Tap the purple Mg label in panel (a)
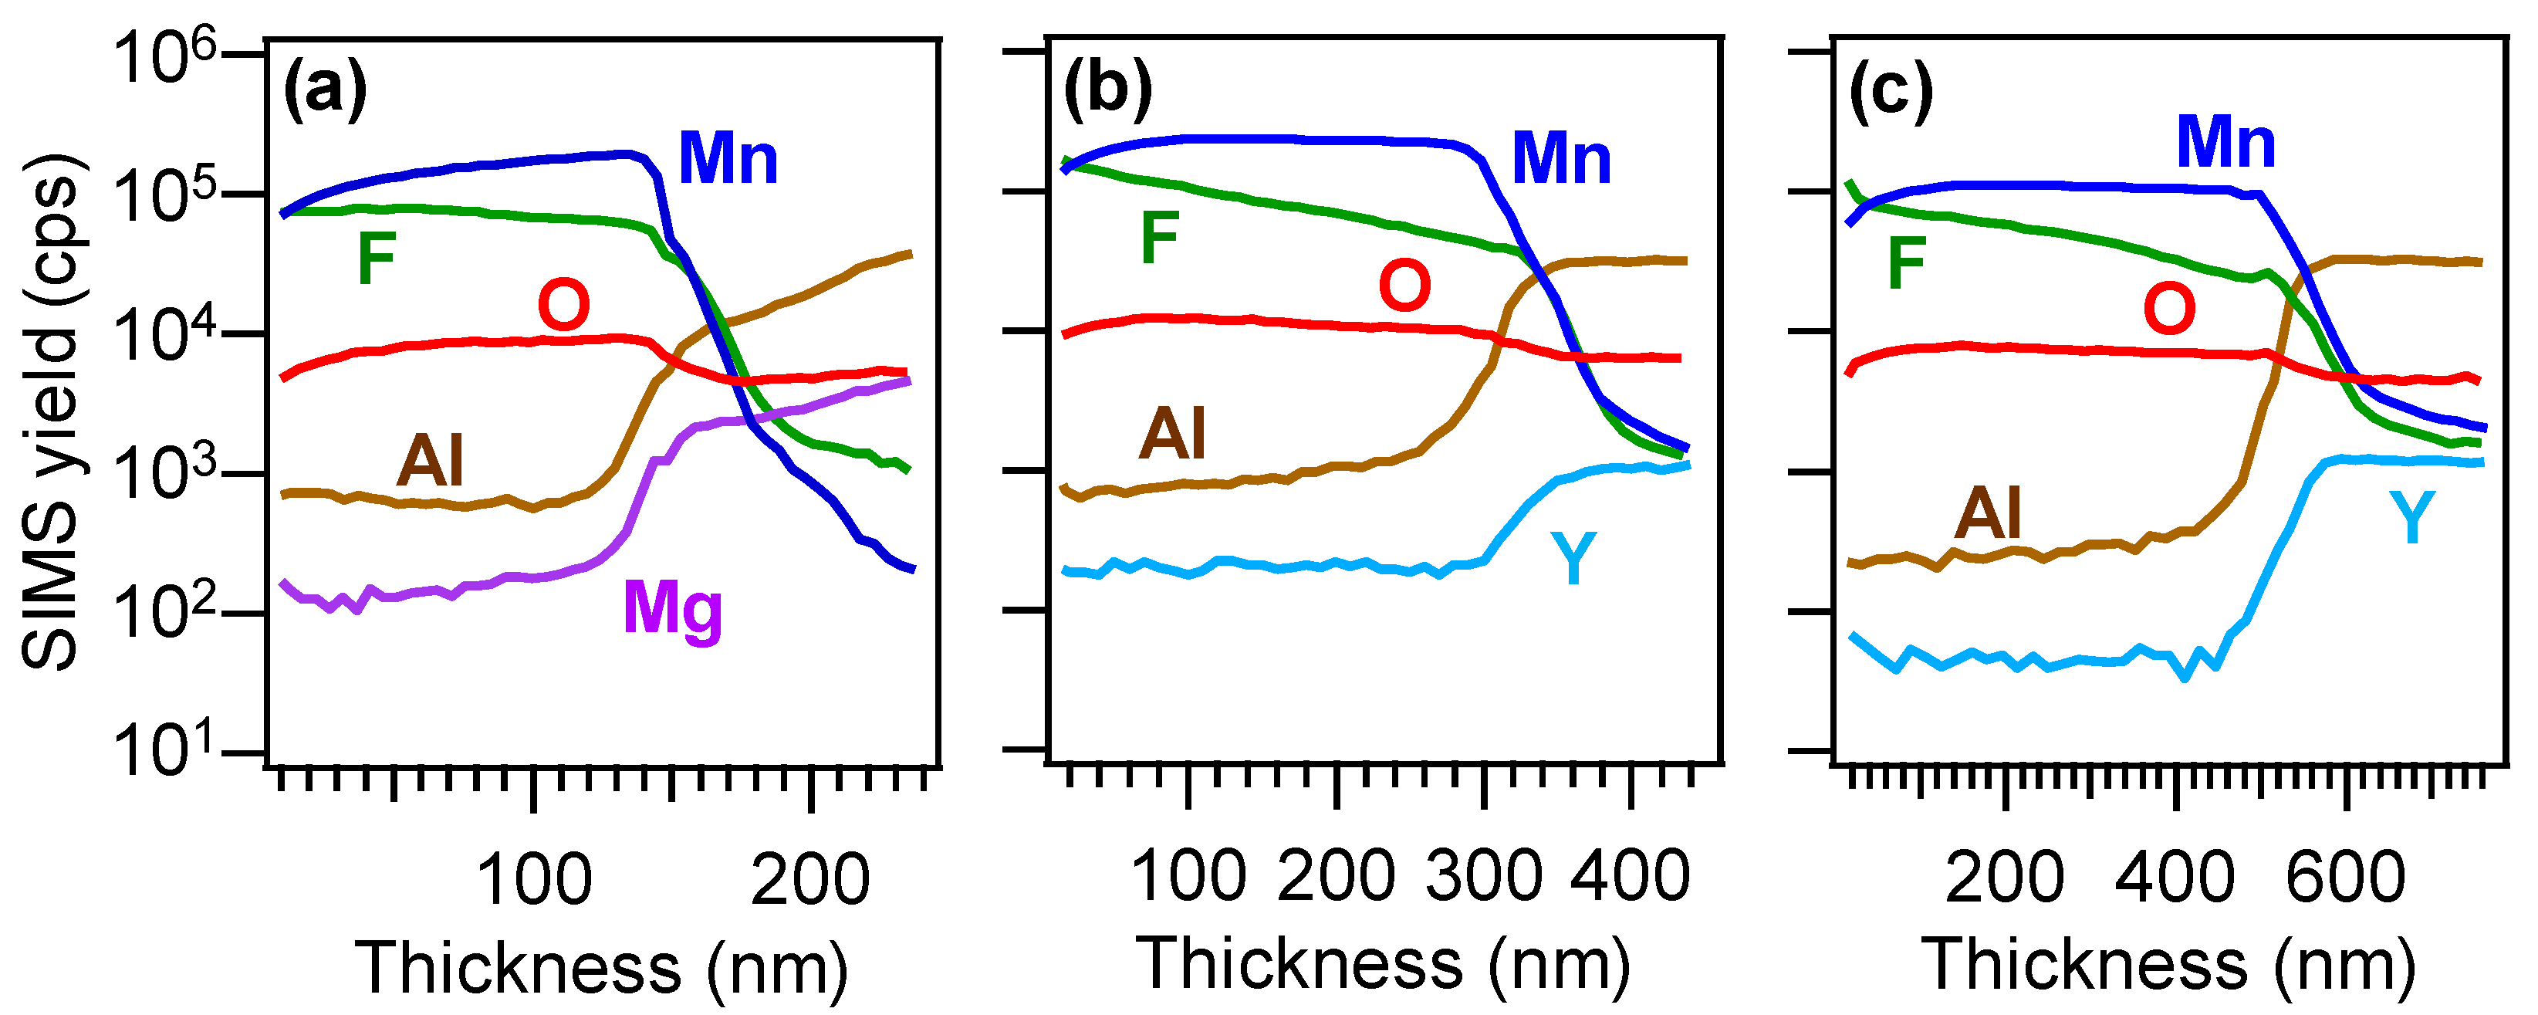(673, 610)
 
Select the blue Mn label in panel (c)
(2225, 144)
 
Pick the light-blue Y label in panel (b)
(1573, 558)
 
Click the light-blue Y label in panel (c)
(2412, 519)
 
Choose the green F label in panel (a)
(377, 259)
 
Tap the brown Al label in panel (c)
(1989, 513)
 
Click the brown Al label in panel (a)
(430, 461)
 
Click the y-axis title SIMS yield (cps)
(51, 412)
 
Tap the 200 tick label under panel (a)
(810, 880)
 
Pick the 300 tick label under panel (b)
(1483, 876)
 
